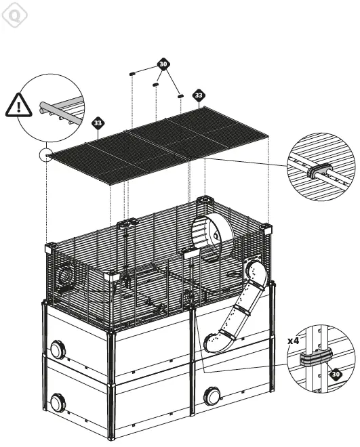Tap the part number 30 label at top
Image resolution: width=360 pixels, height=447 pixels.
pos(163,64)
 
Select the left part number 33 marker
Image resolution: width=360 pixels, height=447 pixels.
pos(98,123)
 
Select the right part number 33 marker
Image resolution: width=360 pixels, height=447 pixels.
pos(198,95)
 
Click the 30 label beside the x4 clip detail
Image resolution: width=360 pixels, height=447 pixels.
pos(336,372)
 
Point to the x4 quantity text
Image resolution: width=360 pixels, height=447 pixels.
pos(293,341)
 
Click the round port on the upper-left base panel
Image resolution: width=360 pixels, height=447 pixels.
pos(57,351)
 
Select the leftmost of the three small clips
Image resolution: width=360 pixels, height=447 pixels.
pos(133,72)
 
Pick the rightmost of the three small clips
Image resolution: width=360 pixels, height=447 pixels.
pos(180,96)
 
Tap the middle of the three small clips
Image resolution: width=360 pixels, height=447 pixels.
pos(156,85)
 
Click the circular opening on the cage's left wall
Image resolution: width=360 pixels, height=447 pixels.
pos(66,276)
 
